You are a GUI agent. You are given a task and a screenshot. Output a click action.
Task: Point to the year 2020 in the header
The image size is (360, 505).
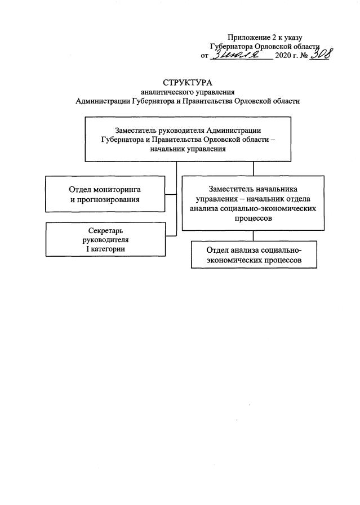coord(285,56)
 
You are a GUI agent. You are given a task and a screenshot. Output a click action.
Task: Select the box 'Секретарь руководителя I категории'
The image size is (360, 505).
coord(105,239)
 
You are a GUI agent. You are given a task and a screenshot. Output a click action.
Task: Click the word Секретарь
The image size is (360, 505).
coord(105,231)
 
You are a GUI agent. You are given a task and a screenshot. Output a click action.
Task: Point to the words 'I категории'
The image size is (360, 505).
coord(105,248)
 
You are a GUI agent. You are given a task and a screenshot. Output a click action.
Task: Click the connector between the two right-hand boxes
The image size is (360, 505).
coord(253,236)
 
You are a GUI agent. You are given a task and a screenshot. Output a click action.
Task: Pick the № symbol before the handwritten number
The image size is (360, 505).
coord(304,56)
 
